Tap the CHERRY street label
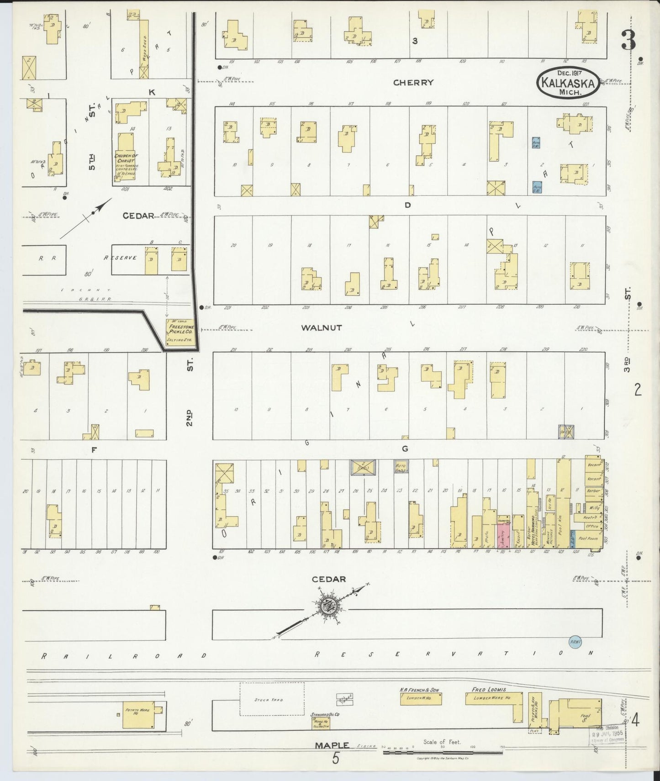(413, 83)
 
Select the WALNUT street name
(322, 327)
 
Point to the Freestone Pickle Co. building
(178, 332)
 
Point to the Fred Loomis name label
(489, 689)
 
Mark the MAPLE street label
(332, 745)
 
